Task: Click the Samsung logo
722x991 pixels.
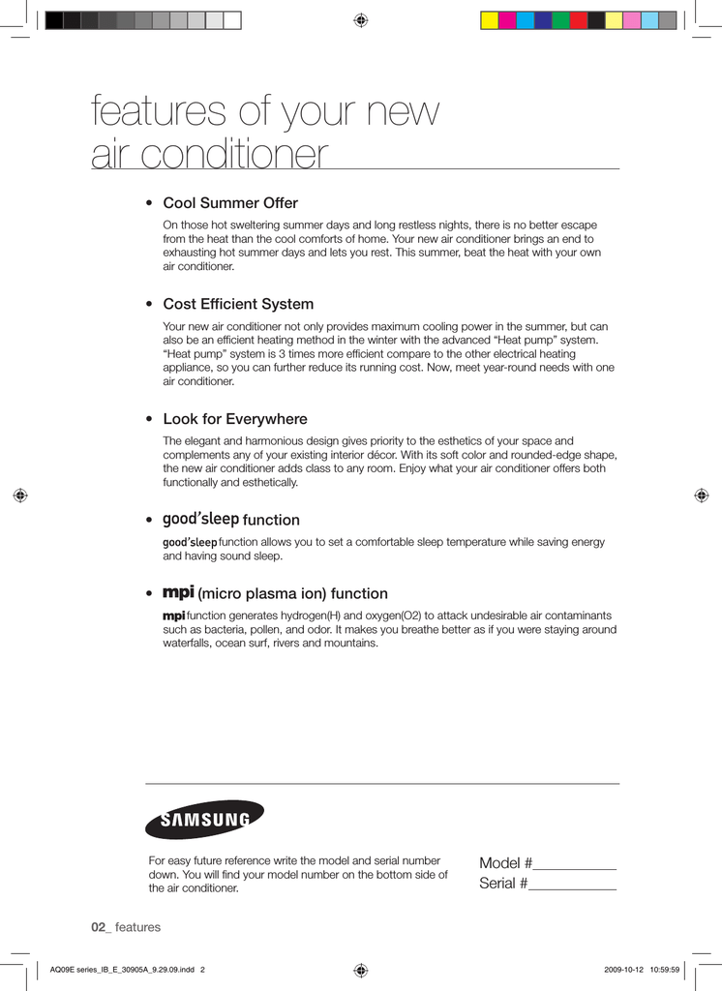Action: click(204, 820)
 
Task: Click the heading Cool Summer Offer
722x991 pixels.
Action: click(230, 203)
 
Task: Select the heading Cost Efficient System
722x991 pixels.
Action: click(238, 304)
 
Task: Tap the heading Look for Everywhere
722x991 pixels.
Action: click(235, 419)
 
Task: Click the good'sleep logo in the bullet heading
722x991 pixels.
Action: click(200, 519)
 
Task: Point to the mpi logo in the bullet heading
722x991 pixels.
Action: click(178, 591)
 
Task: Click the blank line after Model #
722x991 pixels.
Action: click(575, 864)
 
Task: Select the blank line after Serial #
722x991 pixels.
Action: click(572, 884)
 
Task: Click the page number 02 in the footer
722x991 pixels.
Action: click(100, 927)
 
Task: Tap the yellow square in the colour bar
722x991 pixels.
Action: click(490, 20)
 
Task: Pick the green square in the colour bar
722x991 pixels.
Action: click(560, 20)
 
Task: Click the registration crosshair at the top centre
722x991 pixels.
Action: click(360, 19)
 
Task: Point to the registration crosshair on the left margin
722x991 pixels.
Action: click(20, 495)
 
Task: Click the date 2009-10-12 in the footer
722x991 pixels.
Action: click(622, 969)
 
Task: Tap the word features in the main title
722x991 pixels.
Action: click(160, 112)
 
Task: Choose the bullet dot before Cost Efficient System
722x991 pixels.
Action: click(148, 305)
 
